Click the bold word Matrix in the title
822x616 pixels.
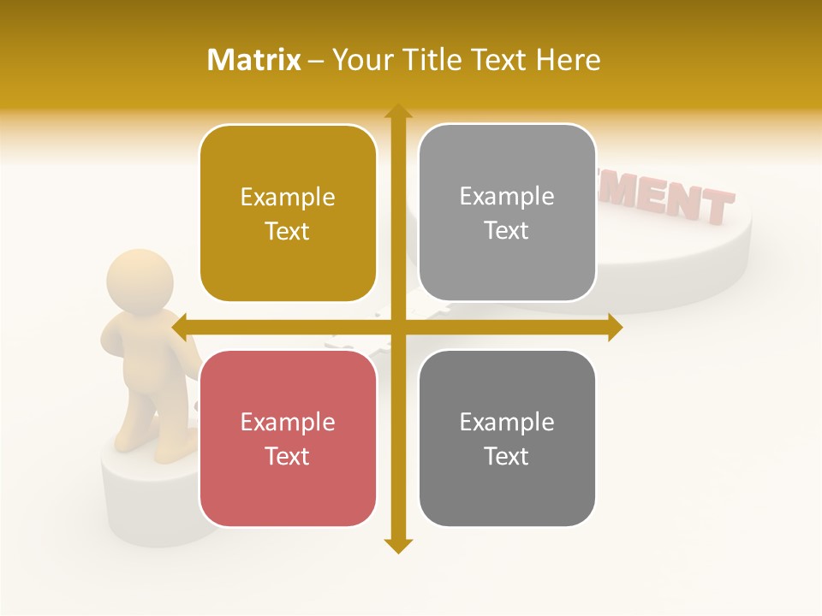254,60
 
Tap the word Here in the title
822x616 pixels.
569,60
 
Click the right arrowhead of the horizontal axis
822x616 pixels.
615,327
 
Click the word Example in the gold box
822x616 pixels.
288,198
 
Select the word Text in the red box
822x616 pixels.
288,456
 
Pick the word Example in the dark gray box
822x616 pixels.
507,422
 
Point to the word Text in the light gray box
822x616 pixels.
507,231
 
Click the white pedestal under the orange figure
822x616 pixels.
146,496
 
